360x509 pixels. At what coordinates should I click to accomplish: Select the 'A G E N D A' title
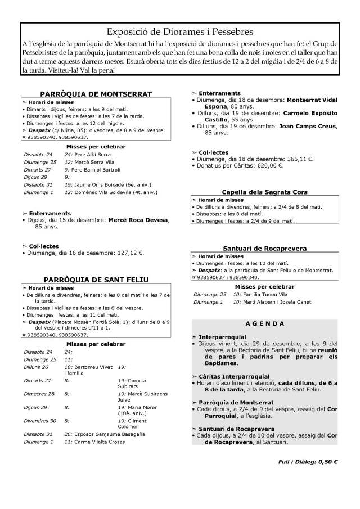[265, 325]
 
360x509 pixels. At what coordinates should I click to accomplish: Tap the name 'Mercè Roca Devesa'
[138, 220]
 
